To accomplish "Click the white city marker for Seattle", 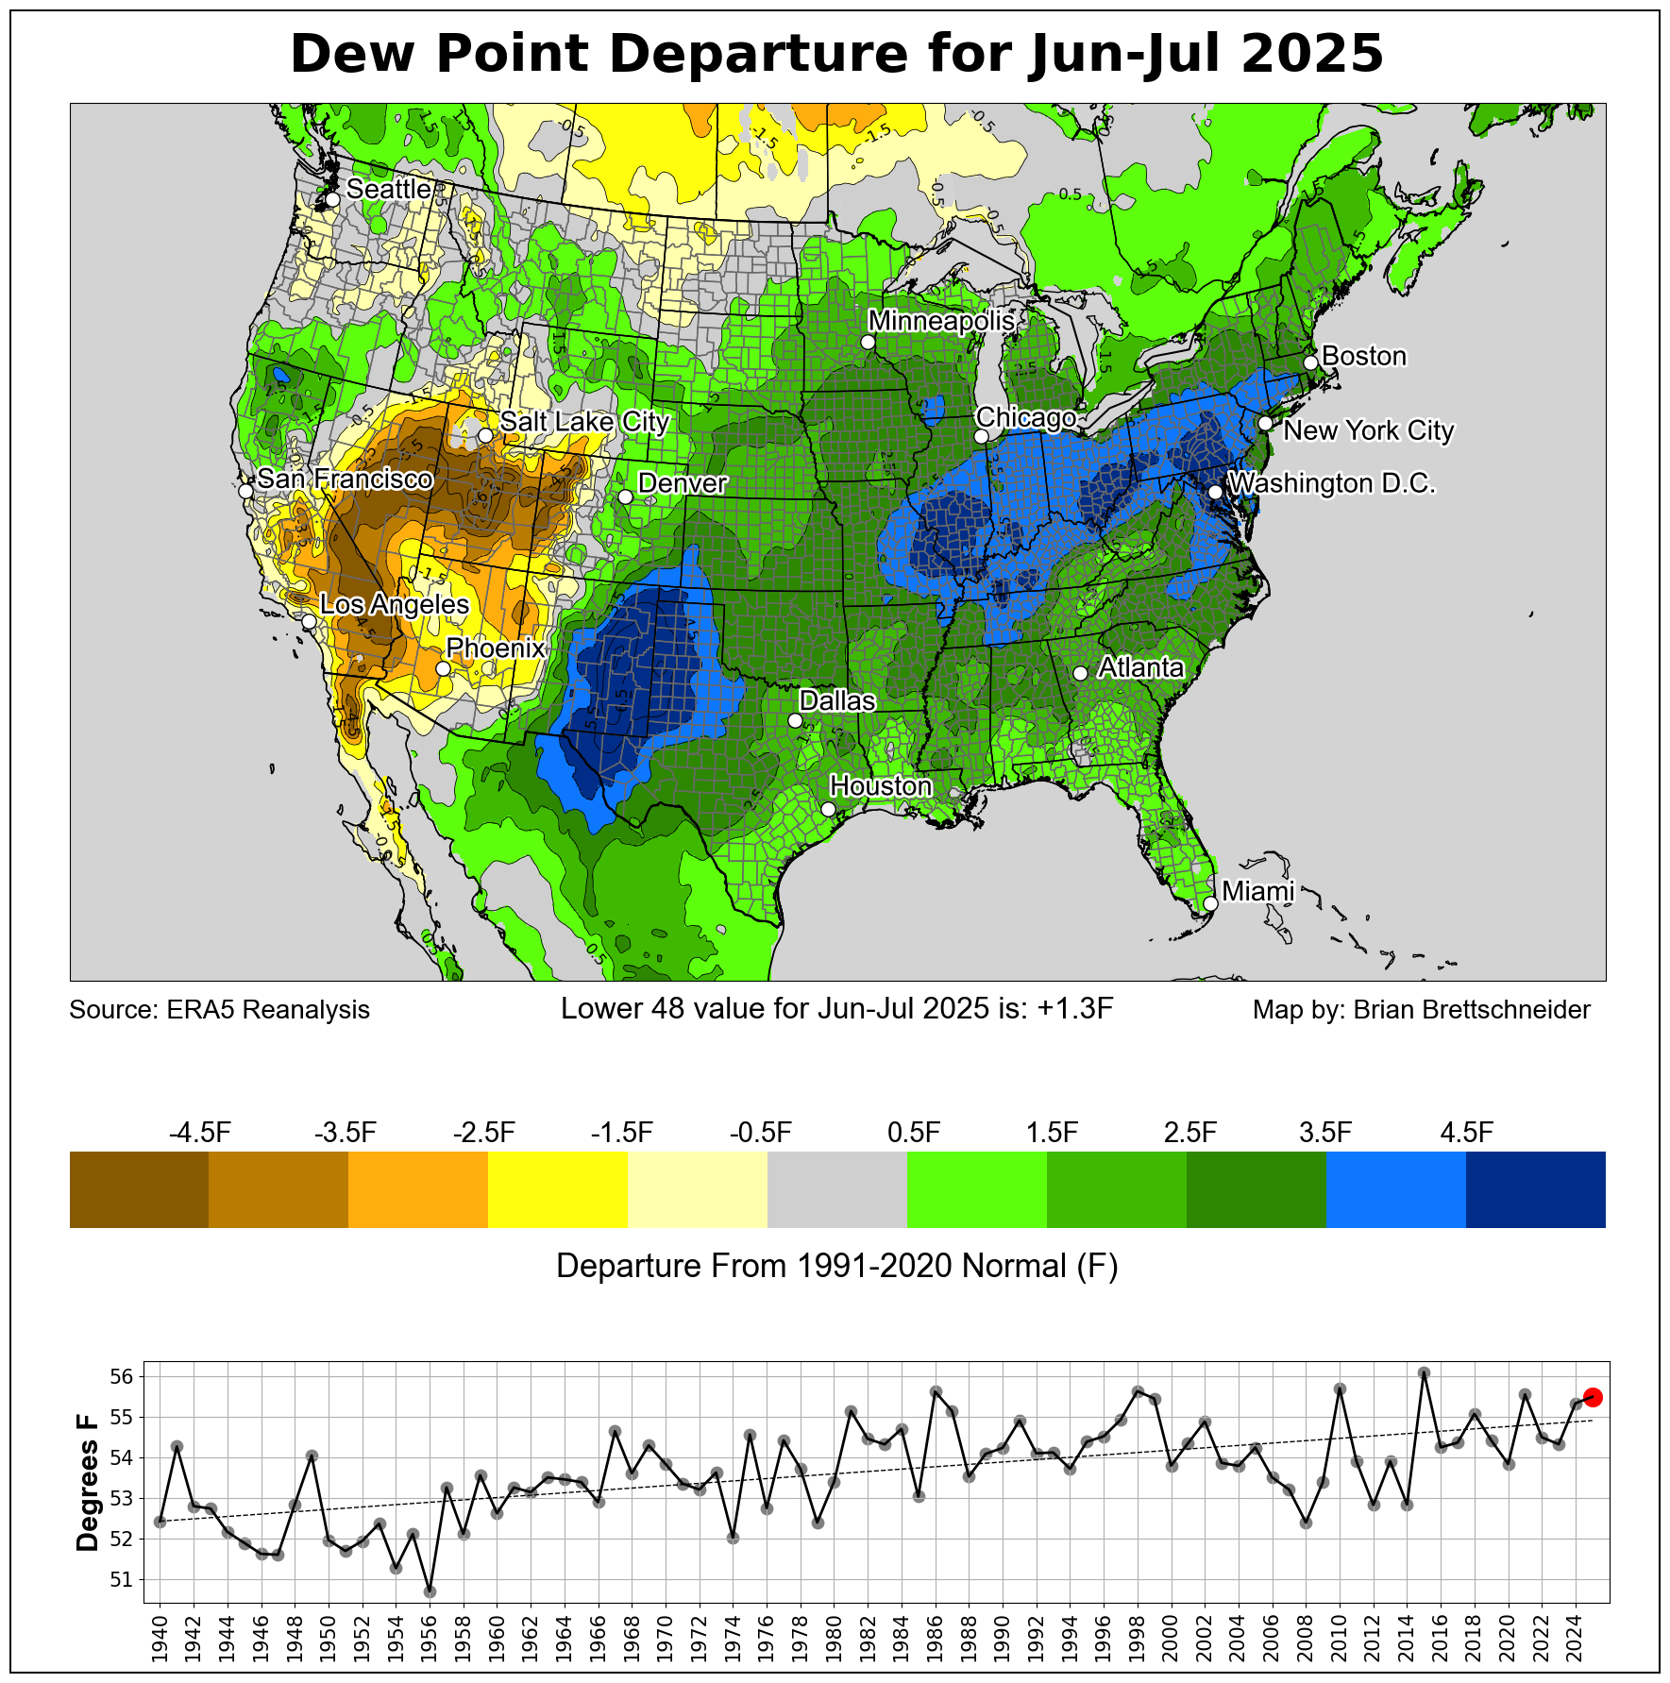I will [x=332, y=200].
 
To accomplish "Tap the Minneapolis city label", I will [x=941, y=321].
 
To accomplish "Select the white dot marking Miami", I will [x=1210, y=903].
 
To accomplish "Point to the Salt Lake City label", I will [x=584, y=422].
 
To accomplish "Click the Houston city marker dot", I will [x=828, y=809].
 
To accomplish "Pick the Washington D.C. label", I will [x=1331, y=484].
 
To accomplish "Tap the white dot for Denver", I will [x=625, y=496].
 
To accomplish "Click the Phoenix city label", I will [x=496, y=648].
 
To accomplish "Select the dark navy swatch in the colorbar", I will [x=1535, y=1189].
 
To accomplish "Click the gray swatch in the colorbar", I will [x=837, y=1189].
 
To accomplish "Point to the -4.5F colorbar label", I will [x=199, y=1133].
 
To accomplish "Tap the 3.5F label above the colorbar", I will [x=1325, y=1133].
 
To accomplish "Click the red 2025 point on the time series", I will [x=1593, y=1397].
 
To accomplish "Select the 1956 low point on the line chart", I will [x=430, y=1591].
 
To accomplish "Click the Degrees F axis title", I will [x=88, y=1482].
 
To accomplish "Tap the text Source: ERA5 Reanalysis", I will [x=219, y=1010].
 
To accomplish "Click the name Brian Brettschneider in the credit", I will [x=1472, y=1010].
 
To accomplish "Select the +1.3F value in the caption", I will [x=1075, y=1009].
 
